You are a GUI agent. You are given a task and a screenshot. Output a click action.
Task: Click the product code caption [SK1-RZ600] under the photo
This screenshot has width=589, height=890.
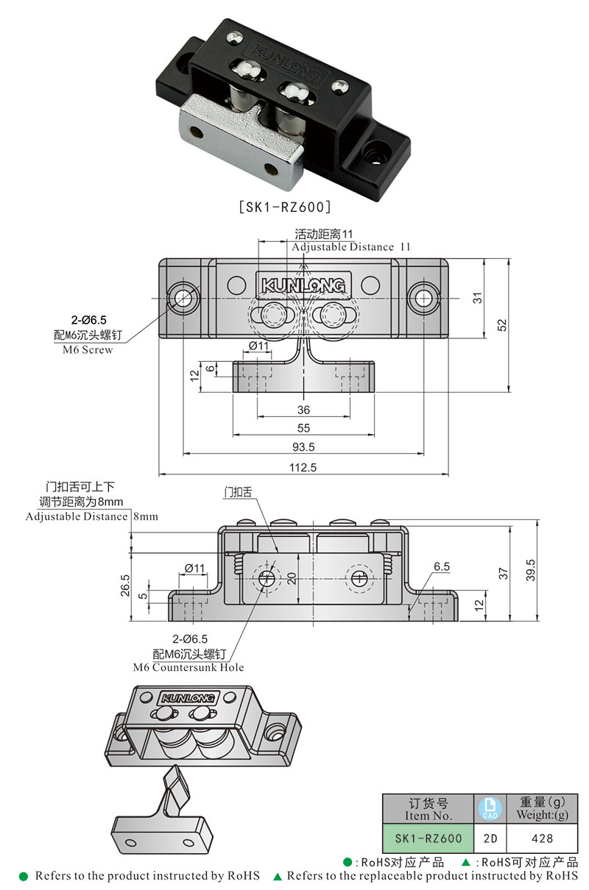click(x=286, y=207)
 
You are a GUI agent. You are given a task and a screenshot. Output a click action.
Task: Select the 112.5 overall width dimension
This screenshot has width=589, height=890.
click(x=303, y=467)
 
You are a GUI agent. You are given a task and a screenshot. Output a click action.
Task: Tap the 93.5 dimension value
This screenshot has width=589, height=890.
click(x=303, y=446)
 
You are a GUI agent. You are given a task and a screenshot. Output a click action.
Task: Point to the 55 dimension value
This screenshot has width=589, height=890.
click(x=303, y=428)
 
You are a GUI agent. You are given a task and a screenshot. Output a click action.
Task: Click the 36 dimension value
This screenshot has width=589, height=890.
click(x=303, y=410)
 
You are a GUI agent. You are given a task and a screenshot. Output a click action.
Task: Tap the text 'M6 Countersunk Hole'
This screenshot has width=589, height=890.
click(x=188, y=667)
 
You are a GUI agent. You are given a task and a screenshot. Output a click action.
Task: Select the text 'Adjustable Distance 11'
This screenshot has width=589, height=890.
click(x=350, y=247)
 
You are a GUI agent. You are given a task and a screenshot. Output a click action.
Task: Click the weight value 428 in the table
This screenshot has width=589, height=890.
click(x=542, y=838)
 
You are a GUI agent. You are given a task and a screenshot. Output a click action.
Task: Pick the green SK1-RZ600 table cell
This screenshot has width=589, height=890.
click(x=428, y=838)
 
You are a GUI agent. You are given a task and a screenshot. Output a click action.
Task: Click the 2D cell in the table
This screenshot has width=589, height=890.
click(x=490, y=838)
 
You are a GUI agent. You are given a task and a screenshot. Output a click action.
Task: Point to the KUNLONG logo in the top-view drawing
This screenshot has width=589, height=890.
click(x=303, y=284)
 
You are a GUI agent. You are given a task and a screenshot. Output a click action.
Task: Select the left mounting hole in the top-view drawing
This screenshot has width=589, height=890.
click(x=182, y=298)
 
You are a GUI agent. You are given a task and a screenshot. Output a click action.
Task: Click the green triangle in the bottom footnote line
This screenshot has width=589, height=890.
click(x=278, y=877)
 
